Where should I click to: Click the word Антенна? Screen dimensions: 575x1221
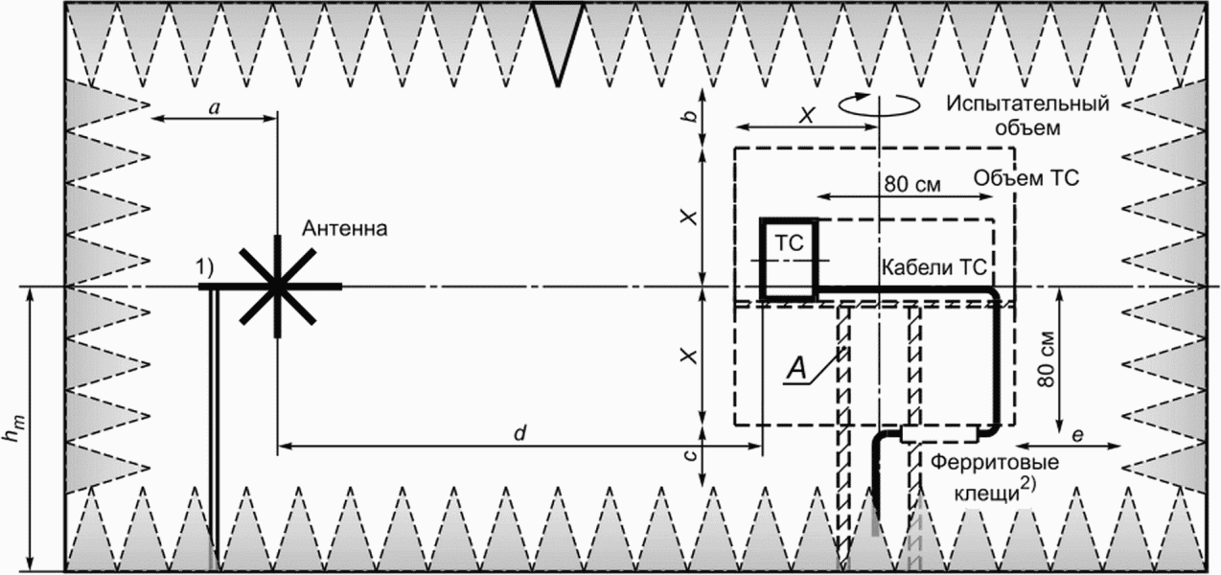pyautogui.click(x=345, y=229)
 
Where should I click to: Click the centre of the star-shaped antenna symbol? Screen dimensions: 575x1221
pyautogui.click(x=277, y=286)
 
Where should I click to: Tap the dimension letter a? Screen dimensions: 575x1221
pyautogui.click(x=215, y=108)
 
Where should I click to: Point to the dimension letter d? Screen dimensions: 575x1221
pyautogui.click(x=518, y=432)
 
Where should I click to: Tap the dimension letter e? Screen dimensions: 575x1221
pyautogui.click(x=1077, y=436)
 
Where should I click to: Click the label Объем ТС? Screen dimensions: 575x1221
pyautogui.click(x=1025, y=178)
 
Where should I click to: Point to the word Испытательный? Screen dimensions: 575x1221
pyautogui.click(x=1026, y=103)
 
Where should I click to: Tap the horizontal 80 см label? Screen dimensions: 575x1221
pyautogui.click(x=907, y=181)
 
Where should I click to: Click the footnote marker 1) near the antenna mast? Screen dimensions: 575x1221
pyautogui.click(x=205, y=271)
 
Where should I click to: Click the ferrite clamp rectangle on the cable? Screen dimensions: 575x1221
pyautogui.click(x=938, y=434)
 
